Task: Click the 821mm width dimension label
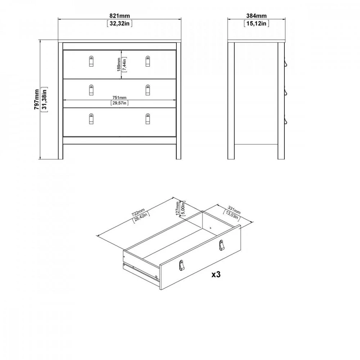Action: click(120, 16)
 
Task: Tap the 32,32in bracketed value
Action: click(120, 23)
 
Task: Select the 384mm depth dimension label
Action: click(256, 16)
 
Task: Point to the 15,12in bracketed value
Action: click(256, 23)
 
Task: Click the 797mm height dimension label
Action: click(37, 99)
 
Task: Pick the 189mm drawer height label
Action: click(119, 64)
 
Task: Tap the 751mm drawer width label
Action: click(120, 98)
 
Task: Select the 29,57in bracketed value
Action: click(120, 103)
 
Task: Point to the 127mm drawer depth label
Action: click(177, 208)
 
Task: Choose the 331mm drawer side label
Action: click(234, 210)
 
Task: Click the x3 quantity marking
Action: click(216, 274)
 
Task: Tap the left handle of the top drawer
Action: click(91, 61)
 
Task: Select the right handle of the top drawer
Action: click(148, 61)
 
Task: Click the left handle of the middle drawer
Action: click(91, 90)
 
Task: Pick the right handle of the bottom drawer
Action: click(148, 119)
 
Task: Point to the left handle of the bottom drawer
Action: click(91, 119)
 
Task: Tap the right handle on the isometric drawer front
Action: click(221, 245)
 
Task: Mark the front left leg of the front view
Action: click(60, 101)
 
